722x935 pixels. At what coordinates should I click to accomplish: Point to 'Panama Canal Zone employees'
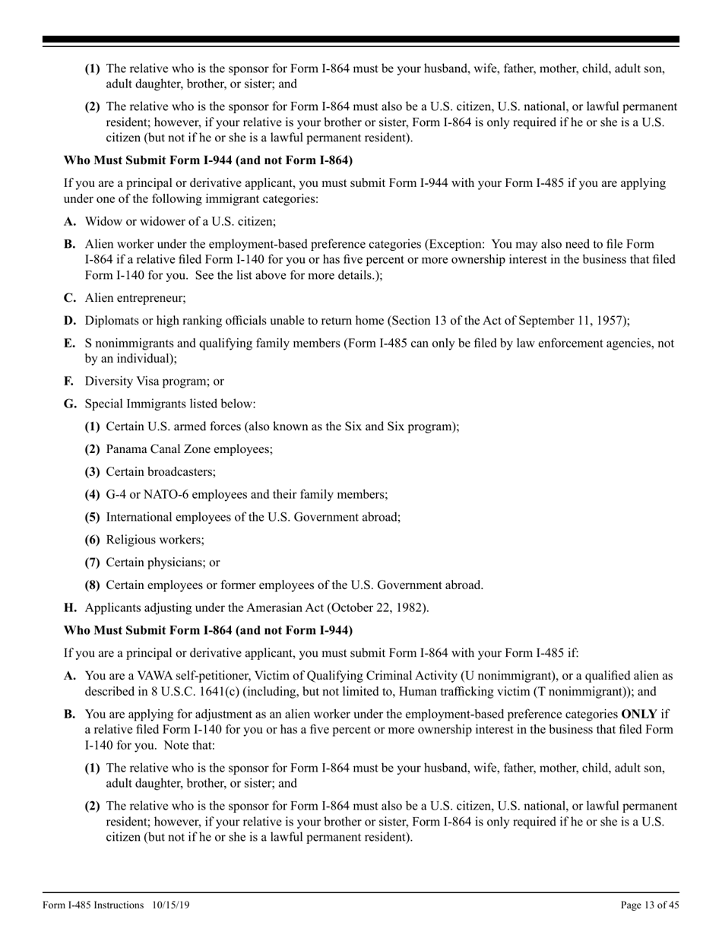(x=189, y=449)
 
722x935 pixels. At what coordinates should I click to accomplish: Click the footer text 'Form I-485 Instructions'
(x=93, y=905)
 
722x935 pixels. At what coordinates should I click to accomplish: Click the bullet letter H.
(x=69, y=608)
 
